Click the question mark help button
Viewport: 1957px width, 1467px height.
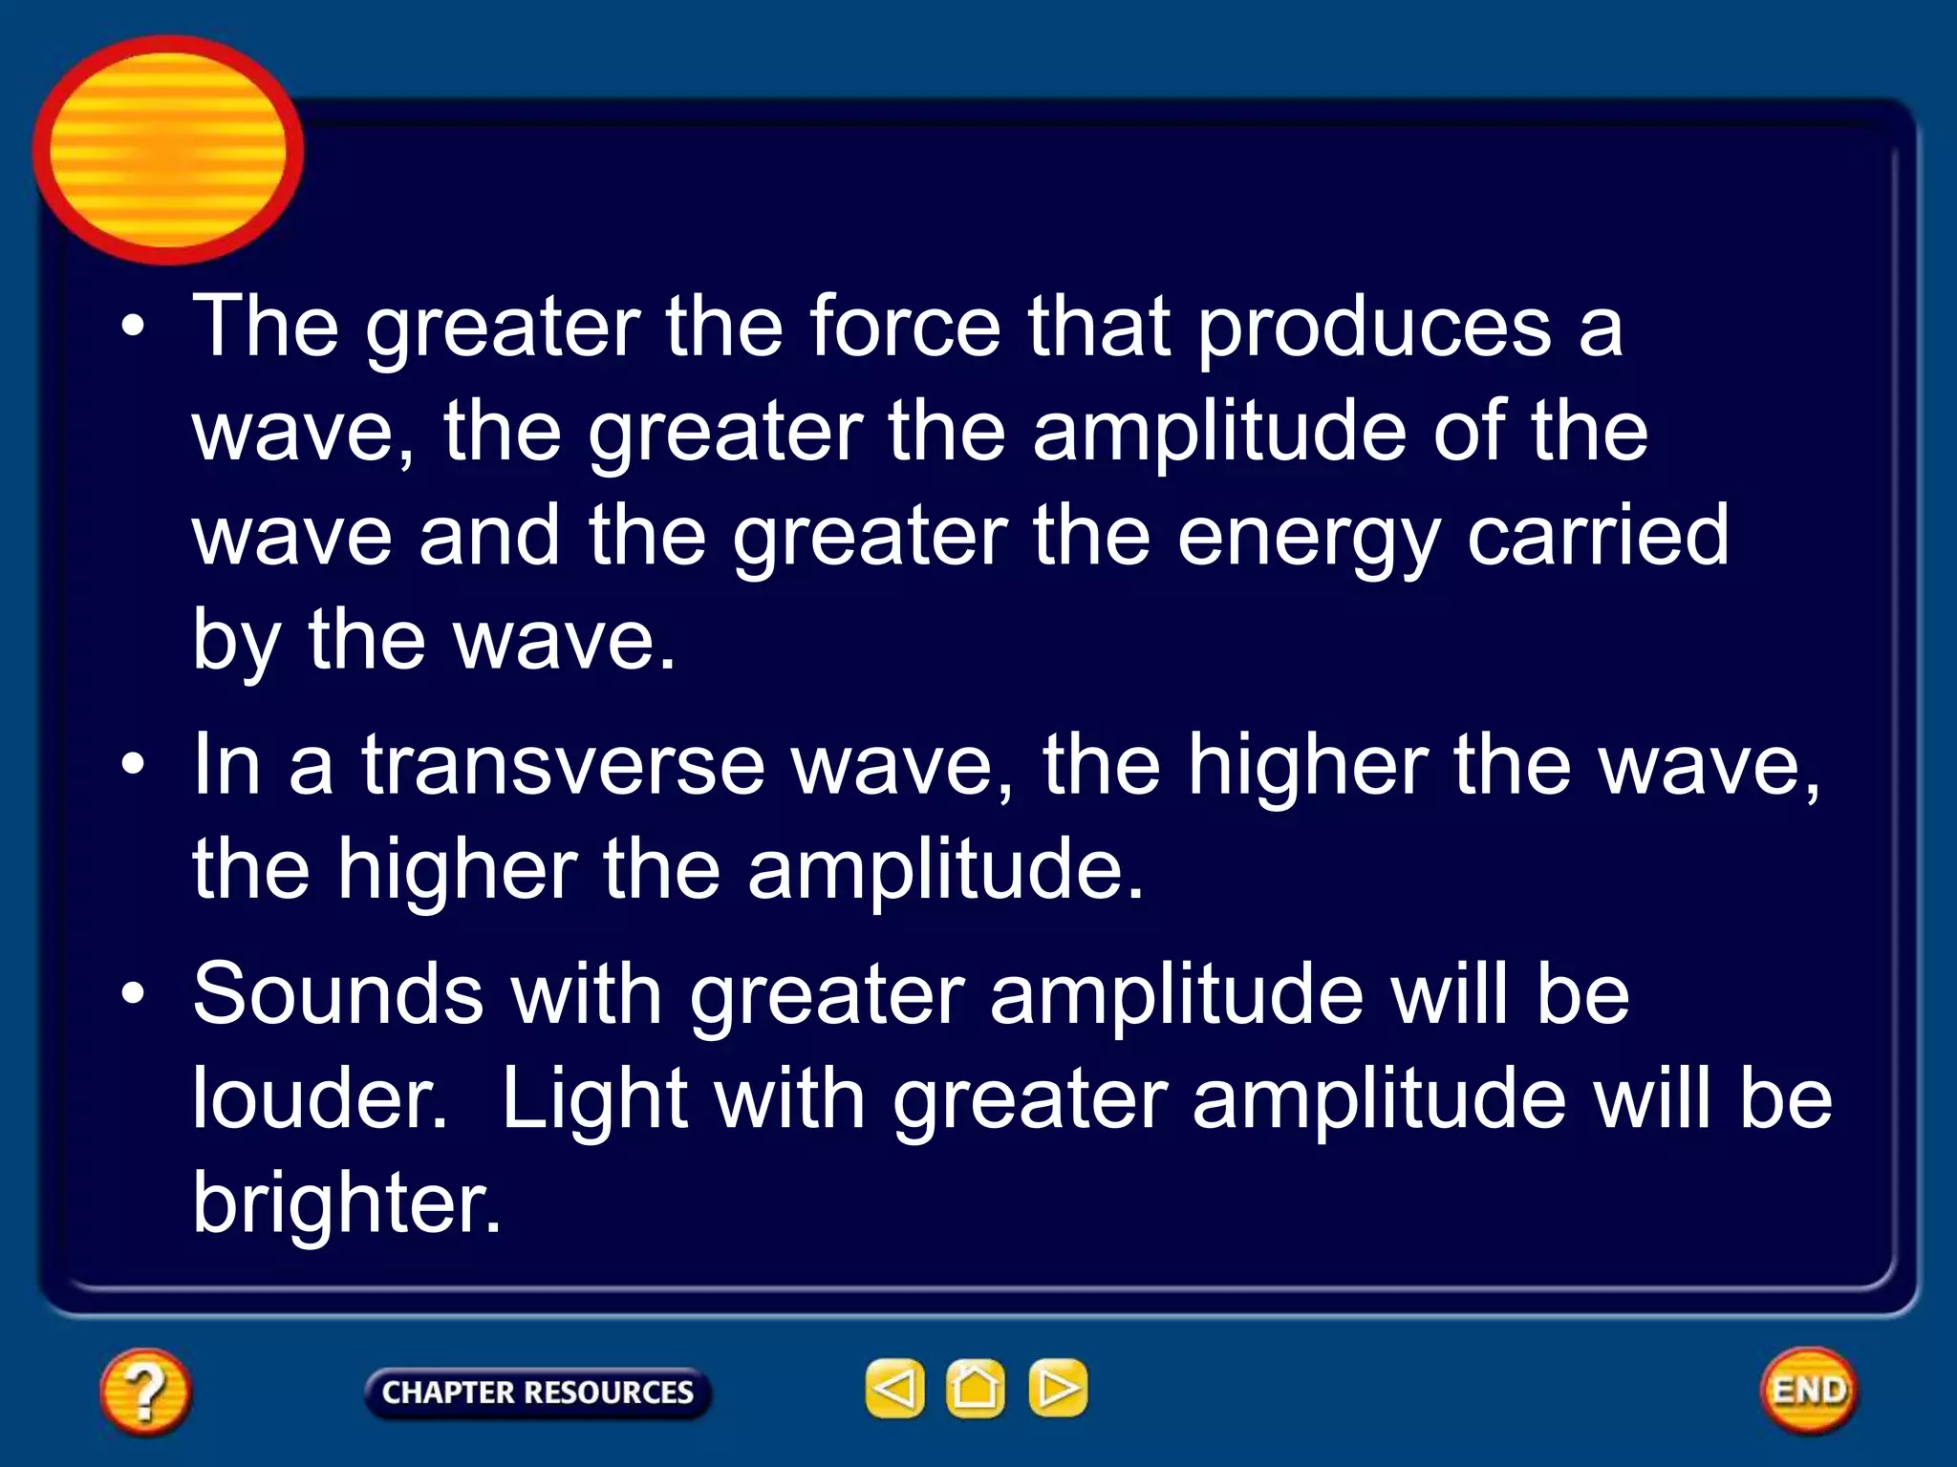pos(145,1391)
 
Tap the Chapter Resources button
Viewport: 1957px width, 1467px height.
pos(537,1392)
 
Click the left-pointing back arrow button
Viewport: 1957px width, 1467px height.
pos(894,1388)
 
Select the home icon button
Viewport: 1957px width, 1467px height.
pos(975,1388)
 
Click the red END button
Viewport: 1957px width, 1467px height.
pos(1808,1390)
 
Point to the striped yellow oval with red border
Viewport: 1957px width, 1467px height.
pos(168,150)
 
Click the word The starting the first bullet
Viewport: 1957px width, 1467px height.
pos(266,327)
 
